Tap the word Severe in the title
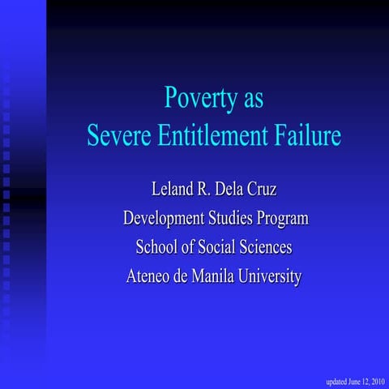coord(116,135)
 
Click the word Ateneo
coord(151,276)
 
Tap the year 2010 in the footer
coord(375,381)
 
